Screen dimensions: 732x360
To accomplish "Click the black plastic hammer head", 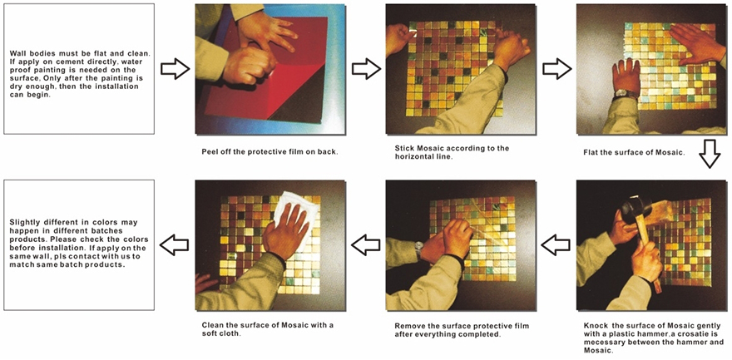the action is coord(636,208).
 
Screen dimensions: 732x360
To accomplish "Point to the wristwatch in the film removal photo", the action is coord(418,249).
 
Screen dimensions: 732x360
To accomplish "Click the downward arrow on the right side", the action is coord(710,154).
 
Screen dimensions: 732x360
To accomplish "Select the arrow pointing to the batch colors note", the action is coord(174,244).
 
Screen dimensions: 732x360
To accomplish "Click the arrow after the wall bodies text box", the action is coord(175,70).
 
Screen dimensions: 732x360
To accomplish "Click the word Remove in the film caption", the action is coord(408,326).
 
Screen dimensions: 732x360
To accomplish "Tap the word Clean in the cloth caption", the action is coord(212,325).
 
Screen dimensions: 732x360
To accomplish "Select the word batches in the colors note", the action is coord(109,231).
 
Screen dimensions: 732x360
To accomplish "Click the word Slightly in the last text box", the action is coord(24,223).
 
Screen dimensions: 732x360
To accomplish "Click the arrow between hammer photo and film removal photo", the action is coord(556,244).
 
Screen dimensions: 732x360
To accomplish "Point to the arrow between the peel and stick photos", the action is coord(366,70).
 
